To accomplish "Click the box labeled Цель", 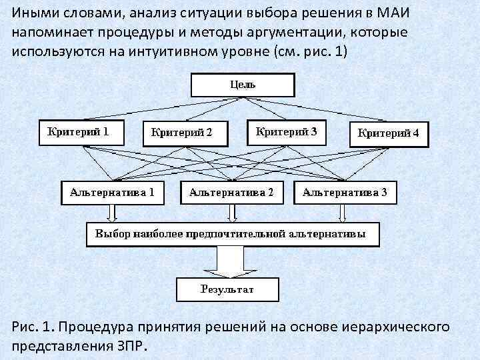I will (243, 85).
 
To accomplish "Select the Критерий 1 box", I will (78, 131).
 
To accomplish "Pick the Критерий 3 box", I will (287, 131).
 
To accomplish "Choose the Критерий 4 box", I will (389, 133).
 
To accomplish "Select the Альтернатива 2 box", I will (231, 193).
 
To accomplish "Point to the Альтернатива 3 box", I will (345, 193).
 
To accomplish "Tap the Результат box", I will (227, 289).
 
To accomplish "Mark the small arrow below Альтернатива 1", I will (112, 213).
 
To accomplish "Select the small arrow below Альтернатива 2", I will (231, 213).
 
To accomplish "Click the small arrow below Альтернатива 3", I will (342, 213).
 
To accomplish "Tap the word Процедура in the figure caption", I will (101, 327).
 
